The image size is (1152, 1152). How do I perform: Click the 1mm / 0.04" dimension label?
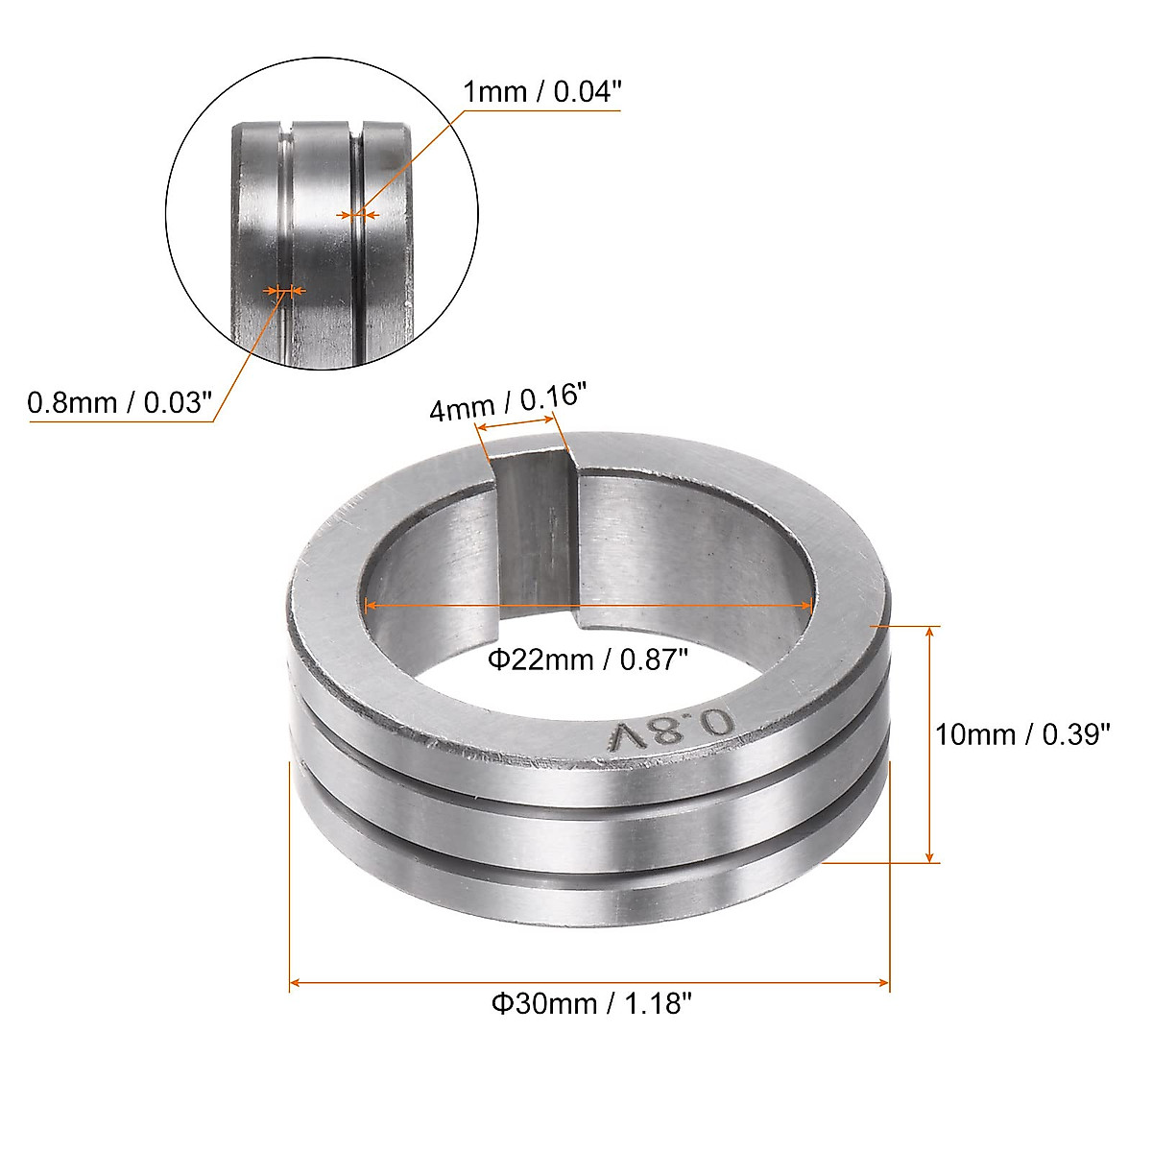coord(542,92)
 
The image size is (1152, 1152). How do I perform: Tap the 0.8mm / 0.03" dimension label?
coord(120,402)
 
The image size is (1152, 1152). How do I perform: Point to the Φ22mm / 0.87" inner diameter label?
coord(588,660)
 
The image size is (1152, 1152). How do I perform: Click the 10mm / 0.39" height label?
coord(1022,734)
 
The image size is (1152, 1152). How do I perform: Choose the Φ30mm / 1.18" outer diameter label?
coord(591,1003)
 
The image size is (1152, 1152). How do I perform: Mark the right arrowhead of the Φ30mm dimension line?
coord(883,982)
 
